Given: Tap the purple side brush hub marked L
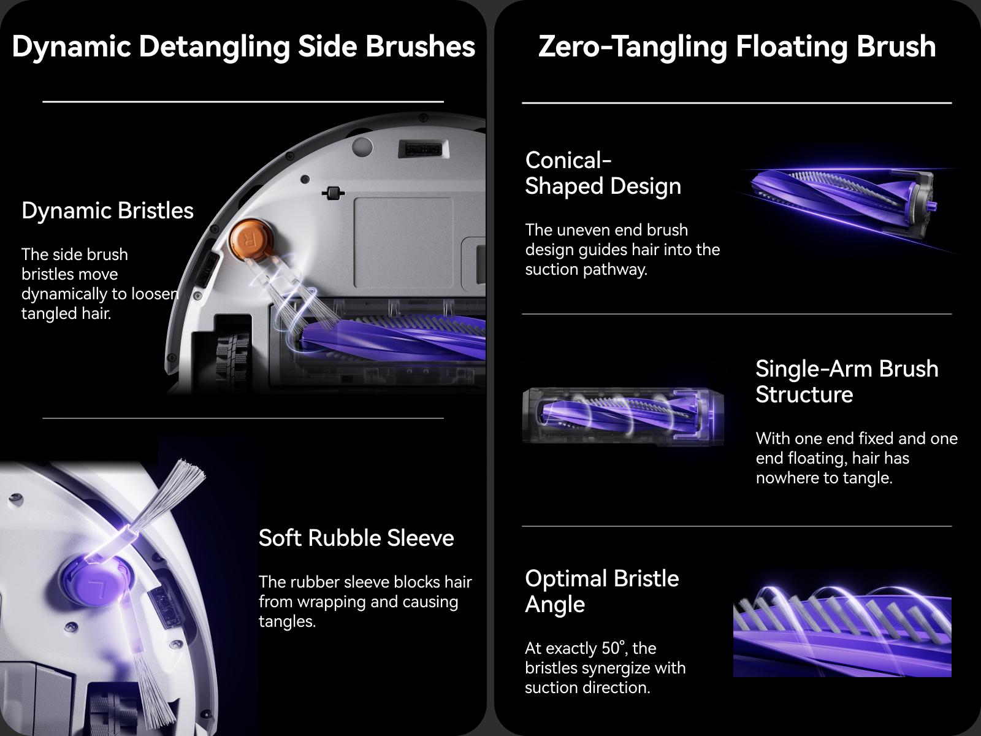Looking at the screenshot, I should [95, 580].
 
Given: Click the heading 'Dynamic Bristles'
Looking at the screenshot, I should [107, 210].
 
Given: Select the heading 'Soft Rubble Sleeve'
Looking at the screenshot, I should [356, 538].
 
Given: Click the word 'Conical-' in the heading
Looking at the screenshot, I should [568, 160].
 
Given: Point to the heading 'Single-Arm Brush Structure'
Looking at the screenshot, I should [846, 381].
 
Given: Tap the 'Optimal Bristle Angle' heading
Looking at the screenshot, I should [601, 591].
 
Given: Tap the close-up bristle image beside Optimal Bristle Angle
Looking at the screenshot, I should [842, 632].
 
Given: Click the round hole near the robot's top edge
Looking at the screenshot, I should [362, 147].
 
